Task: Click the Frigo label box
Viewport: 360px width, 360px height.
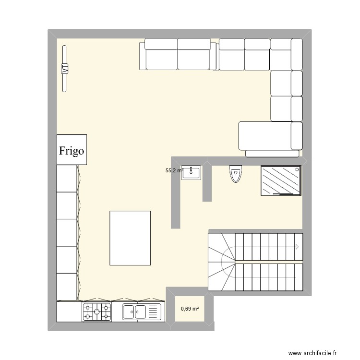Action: pos(72,150)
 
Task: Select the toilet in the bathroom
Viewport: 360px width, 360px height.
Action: pos(235,174)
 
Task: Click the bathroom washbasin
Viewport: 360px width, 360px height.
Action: pos(191,173)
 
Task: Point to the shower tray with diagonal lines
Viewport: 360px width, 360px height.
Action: pos(281,180)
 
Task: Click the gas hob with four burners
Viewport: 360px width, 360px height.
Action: pos(96,312)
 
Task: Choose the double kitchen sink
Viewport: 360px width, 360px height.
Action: pos(141,312)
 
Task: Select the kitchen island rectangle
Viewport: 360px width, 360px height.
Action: pos(130,238)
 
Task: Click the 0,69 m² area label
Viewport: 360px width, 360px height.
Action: pos(190,309)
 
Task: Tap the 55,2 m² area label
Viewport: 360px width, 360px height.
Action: pos(174,170)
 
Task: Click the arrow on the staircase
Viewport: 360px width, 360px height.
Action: pos(298,247)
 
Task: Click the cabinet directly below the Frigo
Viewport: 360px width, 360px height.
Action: pos(67,178)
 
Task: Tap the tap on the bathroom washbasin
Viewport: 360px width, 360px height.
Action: pos(191,168)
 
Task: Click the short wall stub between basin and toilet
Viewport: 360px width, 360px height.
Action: pos(207,182)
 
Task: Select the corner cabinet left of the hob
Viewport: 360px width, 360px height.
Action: pos(69,312)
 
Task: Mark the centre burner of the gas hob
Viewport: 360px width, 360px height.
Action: pos(96,312)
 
